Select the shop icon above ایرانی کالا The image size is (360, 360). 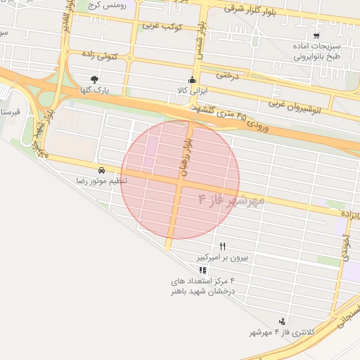[x=192, y=79]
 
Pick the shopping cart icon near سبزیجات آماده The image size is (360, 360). [x=316, y=35]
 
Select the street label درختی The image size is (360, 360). [x=227, y=74]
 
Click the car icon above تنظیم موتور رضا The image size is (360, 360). [x=102, y=170]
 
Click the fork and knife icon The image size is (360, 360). [x=223, y=246]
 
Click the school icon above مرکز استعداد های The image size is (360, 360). [x=202, y=270]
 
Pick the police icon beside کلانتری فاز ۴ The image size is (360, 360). [x=282, y=321]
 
